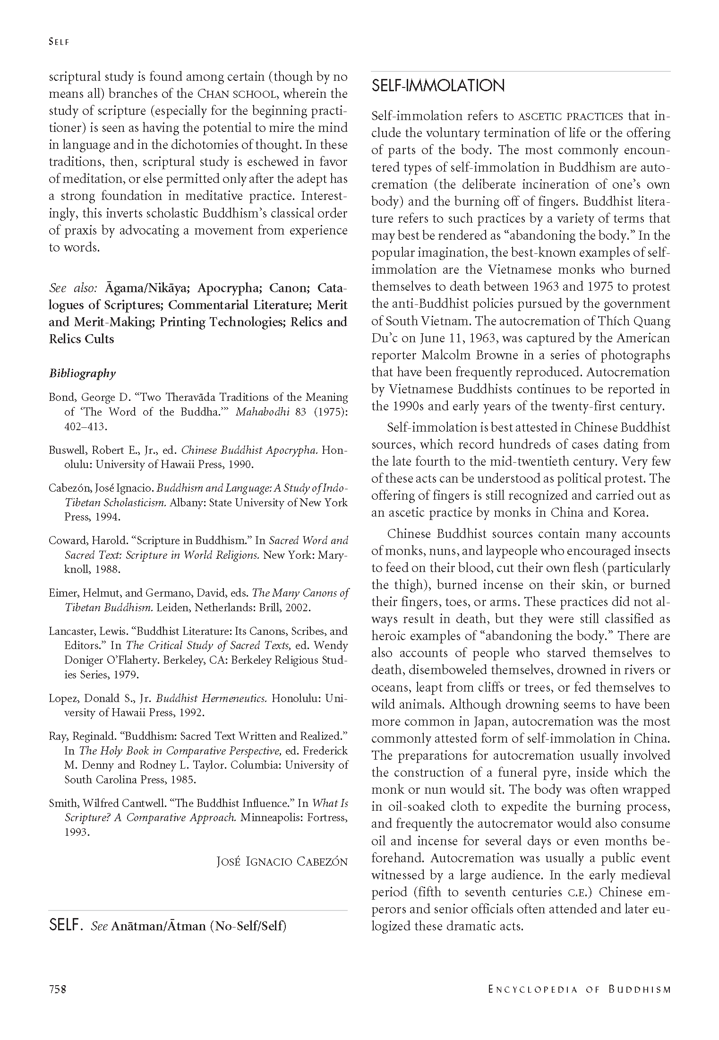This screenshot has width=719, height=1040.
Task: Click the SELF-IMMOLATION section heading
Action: [x=438, y=86]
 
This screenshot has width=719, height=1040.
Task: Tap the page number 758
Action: [x=57, y=989]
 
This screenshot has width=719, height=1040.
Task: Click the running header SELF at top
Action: [x=59, y=42]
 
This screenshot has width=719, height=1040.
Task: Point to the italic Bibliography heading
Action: [x=82, y=373]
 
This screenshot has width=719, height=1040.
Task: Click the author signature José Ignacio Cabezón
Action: [x=281, y=861]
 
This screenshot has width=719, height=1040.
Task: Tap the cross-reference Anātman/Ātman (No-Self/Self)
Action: [x=199, y=926]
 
